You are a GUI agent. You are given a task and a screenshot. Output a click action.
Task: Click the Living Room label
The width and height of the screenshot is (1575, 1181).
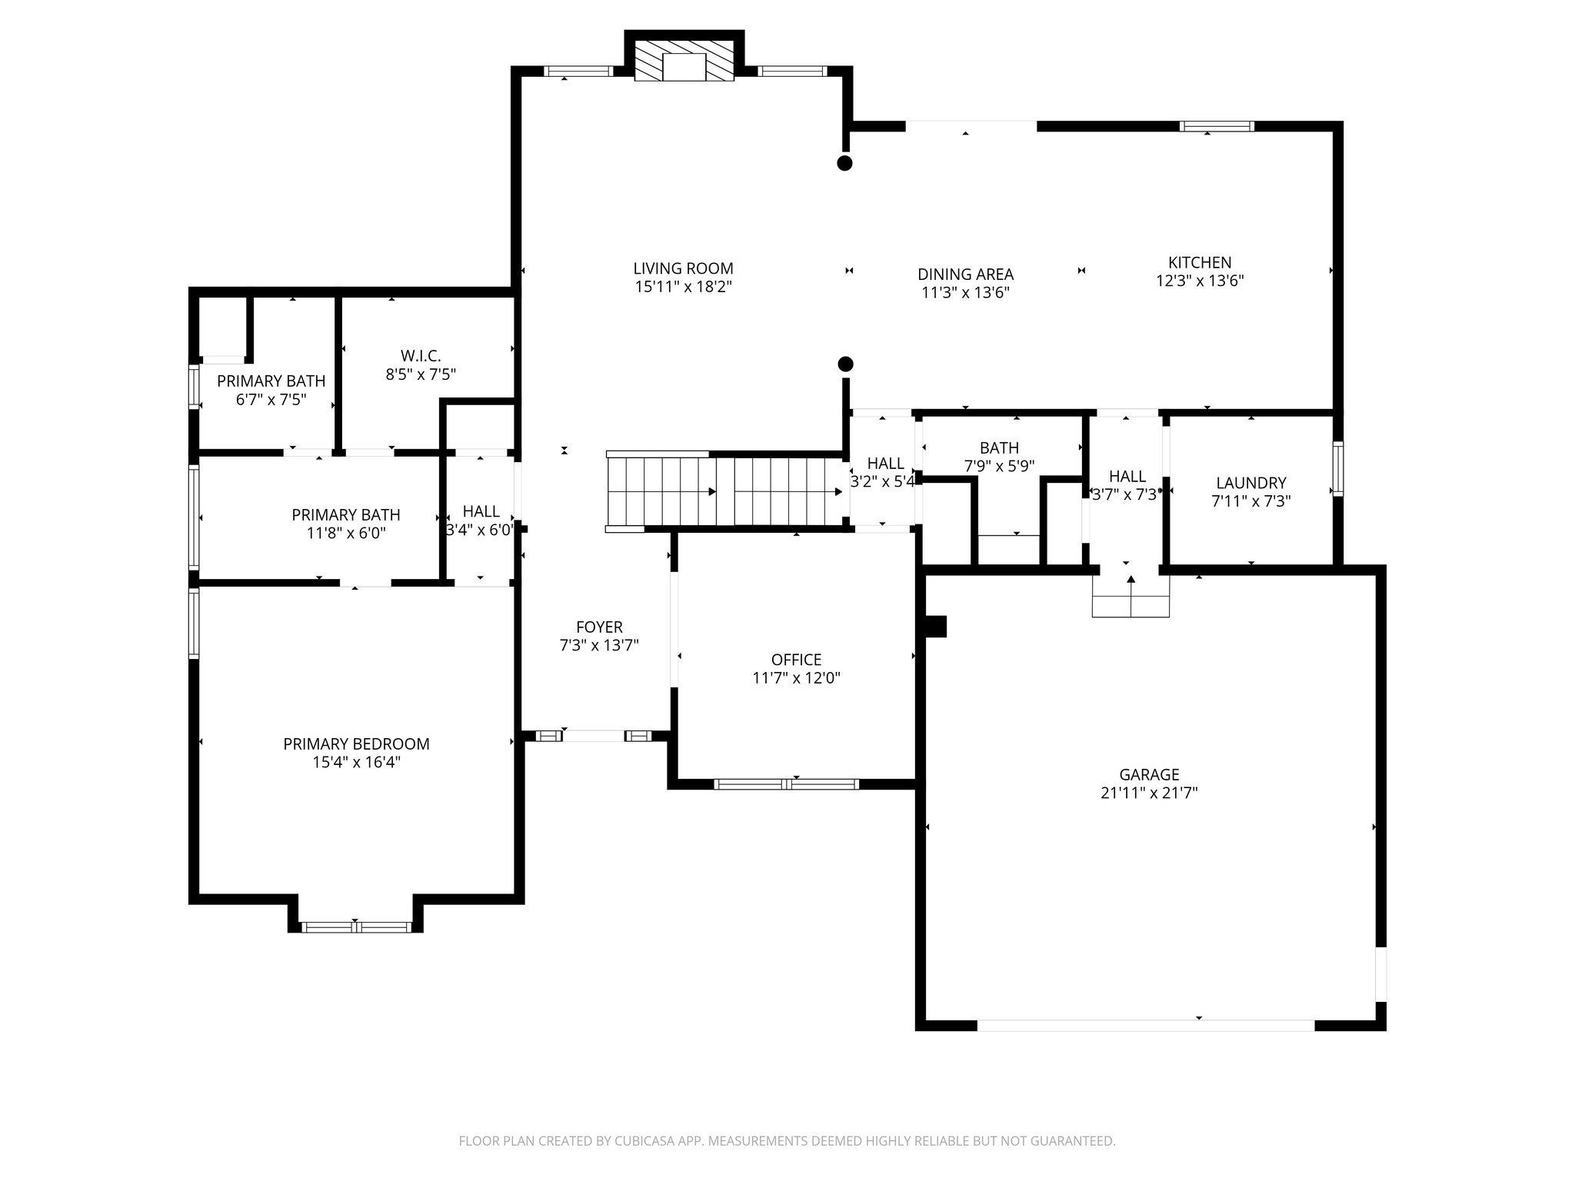point(683,268)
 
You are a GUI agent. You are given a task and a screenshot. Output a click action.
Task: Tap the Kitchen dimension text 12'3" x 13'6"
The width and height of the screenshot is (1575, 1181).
point(1200,281)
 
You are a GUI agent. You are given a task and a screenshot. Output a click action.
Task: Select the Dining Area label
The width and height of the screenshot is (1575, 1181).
point(965,274)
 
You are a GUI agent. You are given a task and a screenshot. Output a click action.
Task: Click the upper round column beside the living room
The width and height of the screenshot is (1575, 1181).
point(844,163)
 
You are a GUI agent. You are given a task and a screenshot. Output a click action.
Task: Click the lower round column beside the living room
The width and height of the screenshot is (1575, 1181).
point(845,364)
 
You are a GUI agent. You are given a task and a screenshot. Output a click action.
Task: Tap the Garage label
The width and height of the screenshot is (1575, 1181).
point(1149,775)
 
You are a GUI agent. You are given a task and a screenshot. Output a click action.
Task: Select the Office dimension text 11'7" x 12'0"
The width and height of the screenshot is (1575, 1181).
point(796,678)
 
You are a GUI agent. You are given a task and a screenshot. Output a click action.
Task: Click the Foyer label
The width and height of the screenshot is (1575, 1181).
point(599,627)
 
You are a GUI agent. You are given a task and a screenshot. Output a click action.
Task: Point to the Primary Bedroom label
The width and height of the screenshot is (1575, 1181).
point(356,744)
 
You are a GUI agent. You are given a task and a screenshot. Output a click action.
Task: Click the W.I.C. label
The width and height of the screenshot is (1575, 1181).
point(421,356)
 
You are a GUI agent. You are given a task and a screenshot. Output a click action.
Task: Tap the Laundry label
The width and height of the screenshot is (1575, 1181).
point(1251,483)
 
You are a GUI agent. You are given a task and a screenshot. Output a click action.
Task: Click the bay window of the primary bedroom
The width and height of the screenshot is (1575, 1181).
point(356,927)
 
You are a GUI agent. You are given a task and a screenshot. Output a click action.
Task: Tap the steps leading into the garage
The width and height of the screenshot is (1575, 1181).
point(1130,596)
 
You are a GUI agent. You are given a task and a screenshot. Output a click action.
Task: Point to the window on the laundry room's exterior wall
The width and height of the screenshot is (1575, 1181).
point(1338,468)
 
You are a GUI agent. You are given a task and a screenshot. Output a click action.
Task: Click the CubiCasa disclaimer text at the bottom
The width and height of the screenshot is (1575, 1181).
point(787,1141)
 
